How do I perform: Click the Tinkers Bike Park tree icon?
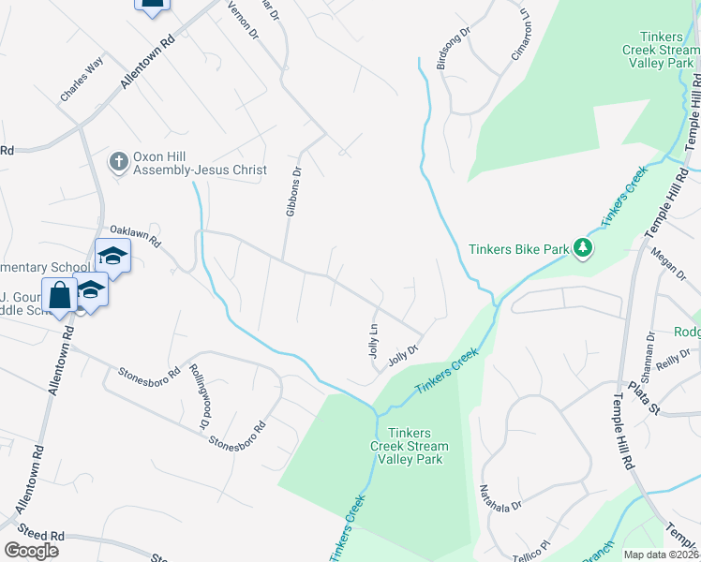pos(584,248)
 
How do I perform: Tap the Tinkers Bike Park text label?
pos(518,249)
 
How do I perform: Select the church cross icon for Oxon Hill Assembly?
pos(118,162)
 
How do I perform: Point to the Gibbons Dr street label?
pos(293,192)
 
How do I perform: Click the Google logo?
pos(31,550)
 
